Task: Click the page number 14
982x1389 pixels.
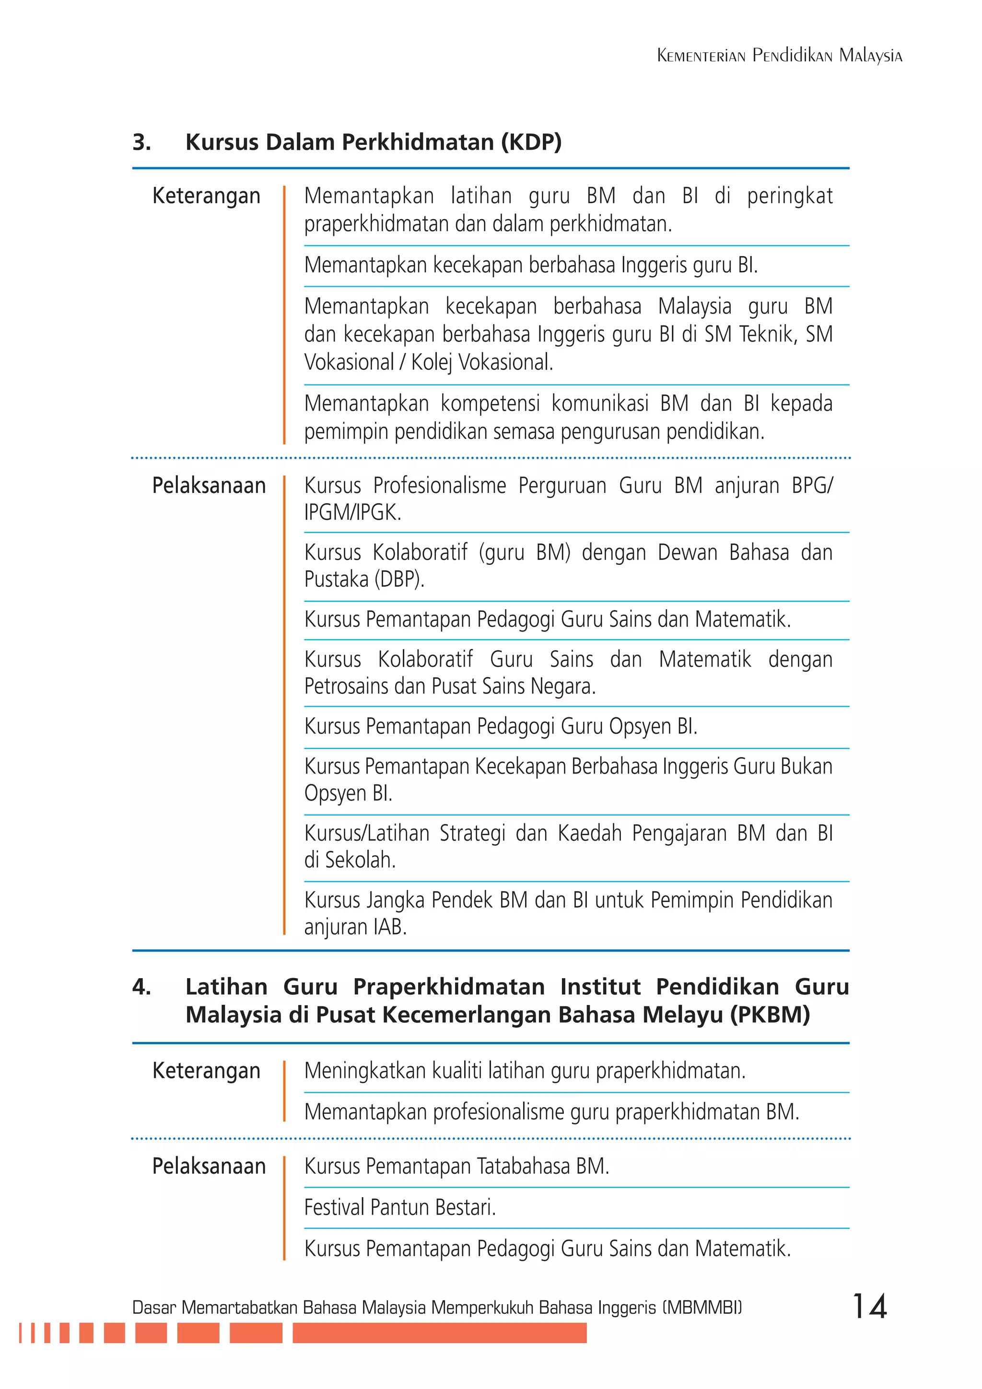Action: click(x=869, y=1306)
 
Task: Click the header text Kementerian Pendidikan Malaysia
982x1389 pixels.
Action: click(x=779, y=56)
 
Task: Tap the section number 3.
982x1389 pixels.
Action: click(x=141, y=142)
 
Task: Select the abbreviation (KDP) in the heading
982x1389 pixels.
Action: click(x=531, y=142)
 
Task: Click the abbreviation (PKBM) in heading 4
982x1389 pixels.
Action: click(x=769, y=1015)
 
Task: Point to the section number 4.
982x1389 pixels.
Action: click(x=141, y=987)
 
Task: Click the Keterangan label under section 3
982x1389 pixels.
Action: click(x=206, y=196)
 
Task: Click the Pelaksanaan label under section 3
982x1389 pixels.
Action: click(x=209, y=485)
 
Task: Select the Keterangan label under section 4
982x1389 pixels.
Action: click(x=206, y=1071)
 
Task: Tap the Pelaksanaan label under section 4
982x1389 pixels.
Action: click(x=209, y=1166)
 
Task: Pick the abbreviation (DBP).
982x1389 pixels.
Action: click(x=399, y=580)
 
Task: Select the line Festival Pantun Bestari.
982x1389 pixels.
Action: click(x=399, y=1207)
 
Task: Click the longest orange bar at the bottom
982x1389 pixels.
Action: click(x=439, y=1333)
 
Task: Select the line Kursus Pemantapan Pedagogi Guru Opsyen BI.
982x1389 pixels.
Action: click(x=501, y=726)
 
